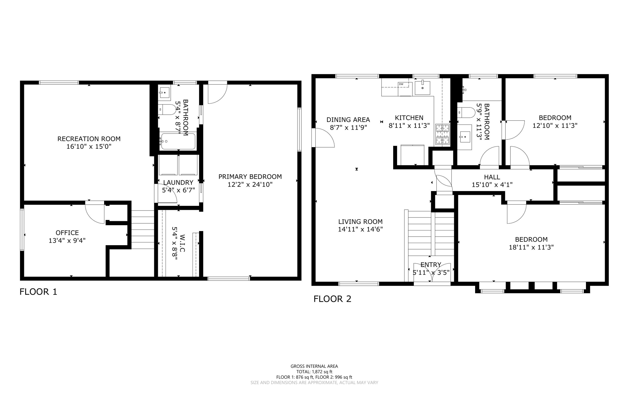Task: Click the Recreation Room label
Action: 89,139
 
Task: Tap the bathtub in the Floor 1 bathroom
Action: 178,141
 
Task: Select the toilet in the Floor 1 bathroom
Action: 167,110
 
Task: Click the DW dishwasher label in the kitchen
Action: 401,84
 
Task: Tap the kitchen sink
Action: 423,88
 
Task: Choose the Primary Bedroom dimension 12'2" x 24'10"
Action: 250,185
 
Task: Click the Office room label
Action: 67,233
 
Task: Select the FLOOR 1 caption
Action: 38,292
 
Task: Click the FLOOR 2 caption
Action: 332,299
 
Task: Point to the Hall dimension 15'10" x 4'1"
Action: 492,185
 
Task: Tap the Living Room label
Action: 360,222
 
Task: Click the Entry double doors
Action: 432,272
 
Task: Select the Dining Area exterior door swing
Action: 323,138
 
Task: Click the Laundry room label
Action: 178,183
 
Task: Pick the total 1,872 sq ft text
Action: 314,372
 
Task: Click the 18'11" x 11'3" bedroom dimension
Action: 531,247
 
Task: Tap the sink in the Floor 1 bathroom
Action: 164,92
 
